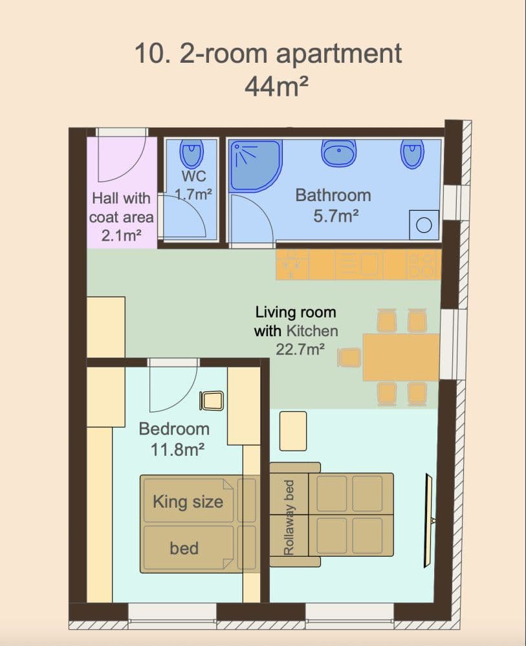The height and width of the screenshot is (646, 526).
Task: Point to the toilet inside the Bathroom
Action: point(412,153)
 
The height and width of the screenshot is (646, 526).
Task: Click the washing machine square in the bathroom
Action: point(424,224)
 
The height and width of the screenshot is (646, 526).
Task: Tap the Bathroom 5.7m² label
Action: point(333,204)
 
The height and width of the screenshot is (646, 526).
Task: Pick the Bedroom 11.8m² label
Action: point(174,438)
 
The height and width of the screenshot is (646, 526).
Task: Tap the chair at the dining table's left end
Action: point(349,357)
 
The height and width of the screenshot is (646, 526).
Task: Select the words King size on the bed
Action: point(188,502)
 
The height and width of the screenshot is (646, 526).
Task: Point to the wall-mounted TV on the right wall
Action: point(428,521)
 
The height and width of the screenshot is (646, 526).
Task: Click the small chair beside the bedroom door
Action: point(212,400)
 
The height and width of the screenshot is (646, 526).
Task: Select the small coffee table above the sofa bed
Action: point(293,431)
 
